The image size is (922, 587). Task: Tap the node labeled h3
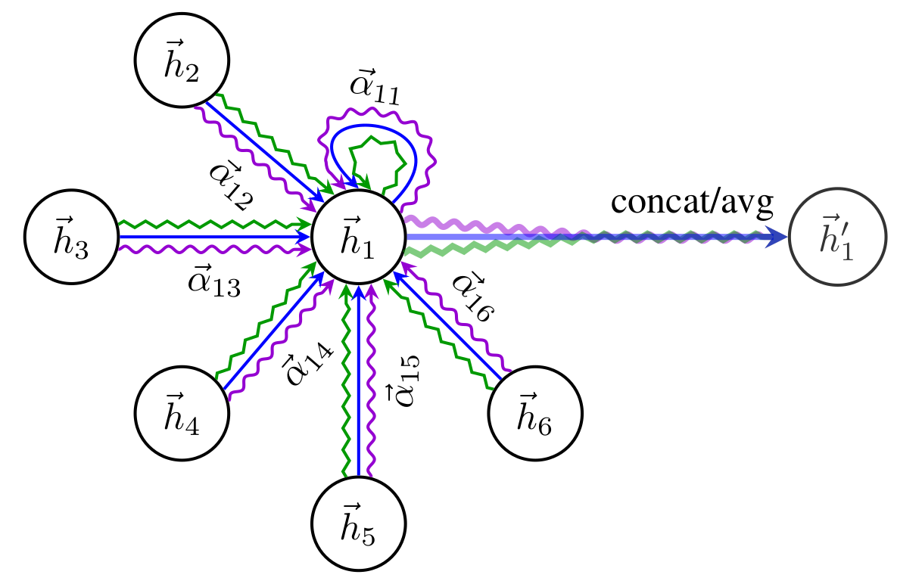pyautogui.click(x=72, y=238)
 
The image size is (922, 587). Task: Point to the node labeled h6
pyautogui.click(x=535, y=413)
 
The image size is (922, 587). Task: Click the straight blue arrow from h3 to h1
pyautogui.click(x=212, y=238)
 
